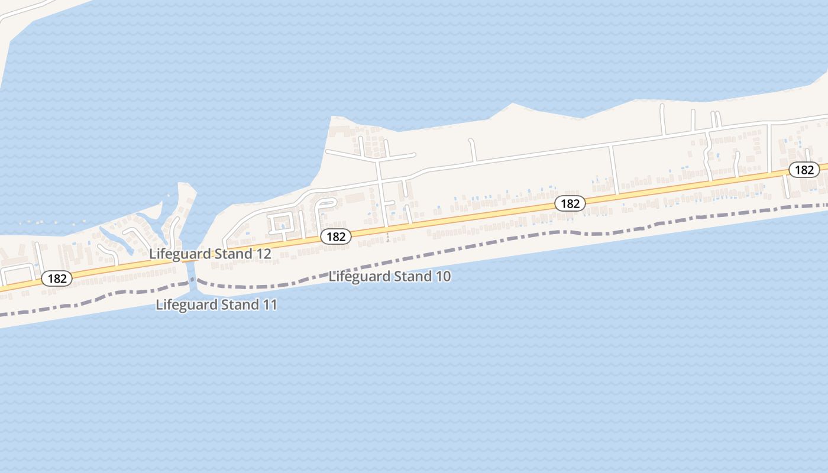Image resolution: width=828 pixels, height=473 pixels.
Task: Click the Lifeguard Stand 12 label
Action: click(x=210, y=254)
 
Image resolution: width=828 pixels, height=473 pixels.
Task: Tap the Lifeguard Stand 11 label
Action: click(x=216, y=305)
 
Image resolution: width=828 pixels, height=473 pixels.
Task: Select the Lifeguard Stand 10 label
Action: click(x=389, y=276)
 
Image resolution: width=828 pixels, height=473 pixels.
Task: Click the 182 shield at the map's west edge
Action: click(x=57, y=278)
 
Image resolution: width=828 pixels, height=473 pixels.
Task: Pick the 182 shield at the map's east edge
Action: click(x=804, y=170)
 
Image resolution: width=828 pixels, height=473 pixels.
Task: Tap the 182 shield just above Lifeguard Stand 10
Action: click(x=336, y=237)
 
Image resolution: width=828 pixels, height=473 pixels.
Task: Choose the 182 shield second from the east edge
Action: click(x=570, y=203)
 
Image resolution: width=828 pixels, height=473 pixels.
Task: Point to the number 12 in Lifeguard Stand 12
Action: click(x=264, y=254)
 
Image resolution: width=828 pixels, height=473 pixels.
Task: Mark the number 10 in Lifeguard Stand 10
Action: click(x=443, y=276)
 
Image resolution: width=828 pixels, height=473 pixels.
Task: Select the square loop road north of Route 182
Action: click(x=280, y=223)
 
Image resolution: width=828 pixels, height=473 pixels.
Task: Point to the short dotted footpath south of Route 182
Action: click(x=388, y=237)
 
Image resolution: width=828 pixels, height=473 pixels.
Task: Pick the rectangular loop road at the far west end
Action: click(x=18, y=274)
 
